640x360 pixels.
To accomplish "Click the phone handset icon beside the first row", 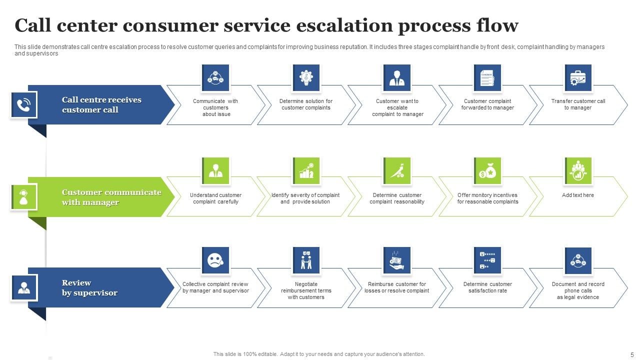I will [23, 105].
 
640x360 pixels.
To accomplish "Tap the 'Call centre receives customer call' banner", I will [101, 105].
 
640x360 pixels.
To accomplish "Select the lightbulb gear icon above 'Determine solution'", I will [306, 78].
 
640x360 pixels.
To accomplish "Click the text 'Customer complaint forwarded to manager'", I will [487, 104].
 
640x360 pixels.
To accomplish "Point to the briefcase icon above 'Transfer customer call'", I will [578, 78].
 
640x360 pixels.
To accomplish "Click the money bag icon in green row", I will [487, 171].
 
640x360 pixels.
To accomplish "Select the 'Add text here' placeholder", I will [578, 195].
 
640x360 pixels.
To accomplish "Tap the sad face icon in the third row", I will [215, 260].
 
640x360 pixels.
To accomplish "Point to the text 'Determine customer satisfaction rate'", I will [487, 287].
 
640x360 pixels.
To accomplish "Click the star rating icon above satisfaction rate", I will [487, 260].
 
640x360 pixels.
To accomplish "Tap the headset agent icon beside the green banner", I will [23, 197].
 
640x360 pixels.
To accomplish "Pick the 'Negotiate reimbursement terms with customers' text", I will [306, 290].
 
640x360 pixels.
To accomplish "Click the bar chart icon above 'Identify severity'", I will [306, 171].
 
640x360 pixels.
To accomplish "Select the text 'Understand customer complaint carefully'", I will [215, 198].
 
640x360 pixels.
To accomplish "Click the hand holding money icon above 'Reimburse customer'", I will [397, 260].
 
